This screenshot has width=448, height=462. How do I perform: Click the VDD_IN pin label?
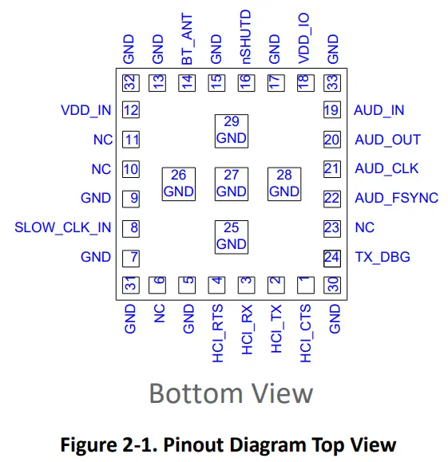85,110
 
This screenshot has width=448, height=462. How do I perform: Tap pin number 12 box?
131,110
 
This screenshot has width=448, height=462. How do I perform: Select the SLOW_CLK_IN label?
63,227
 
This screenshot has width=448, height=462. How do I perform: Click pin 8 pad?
131,227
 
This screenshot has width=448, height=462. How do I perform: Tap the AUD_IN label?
379,110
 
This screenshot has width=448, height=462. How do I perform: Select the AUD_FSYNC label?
396,198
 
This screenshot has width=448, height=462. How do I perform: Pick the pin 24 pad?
331,257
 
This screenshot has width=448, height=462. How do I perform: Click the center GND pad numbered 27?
232,184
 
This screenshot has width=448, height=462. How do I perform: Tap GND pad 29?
232,130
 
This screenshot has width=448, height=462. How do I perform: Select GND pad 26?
178,184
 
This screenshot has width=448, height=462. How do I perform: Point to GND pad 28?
284,184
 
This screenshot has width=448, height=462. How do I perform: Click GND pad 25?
232,236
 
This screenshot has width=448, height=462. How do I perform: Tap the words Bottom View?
231,393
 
